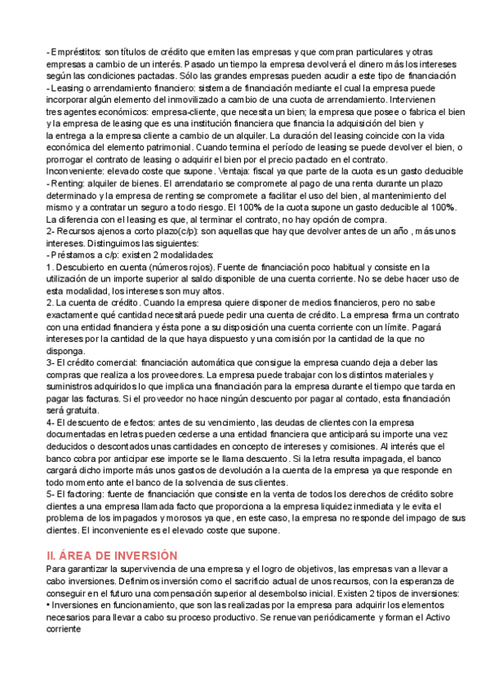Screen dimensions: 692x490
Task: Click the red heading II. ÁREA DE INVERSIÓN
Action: point(111,554)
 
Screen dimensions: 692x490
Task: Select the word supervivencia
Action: point(151,568)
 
